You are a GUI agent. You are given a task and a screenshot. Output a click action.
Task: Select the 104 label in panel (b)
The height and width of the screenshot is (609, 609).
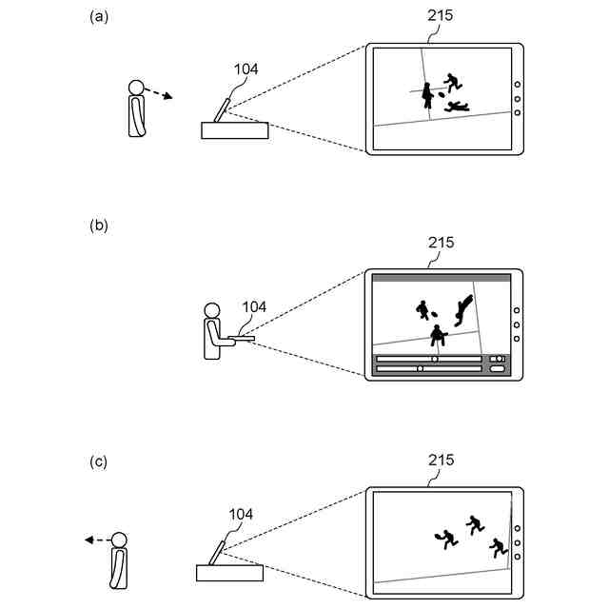[254, 306]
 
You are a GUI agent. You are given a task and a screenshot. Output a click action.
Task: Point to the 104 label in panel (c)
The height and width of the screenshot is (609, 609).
[240, 514]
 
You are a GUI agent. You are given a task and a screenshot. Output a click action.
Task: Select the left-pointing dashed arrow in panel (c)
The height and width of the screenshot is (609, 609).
[95, 540]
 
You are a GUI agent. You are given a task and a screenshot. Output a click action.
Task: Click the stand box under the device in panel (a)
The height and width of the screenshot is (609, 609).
[235, 130]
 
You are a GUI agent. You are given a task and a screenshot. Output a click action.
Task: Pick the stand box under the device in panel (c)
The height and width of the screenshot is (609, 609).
[229, 572]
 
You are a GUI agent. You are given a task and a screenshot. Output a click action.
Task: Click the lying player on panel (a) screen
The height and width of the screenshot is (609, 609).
[456, 107]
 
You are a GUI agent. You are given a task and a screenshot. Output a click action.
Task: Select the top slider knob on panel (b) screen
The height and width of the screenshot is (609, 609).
[435, 359]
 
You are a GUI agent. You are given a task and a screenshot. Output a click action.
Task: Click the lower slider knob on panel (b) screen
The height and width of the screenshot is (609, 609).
[420, 368]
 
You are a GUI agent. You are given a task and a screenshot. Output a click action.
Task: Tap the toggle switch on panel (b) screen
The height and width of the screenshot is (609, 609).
[497, 359]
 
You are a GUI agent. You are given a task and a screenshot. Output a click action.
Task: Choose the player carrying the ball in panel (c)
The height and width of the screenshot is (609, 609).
[444, 539]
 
